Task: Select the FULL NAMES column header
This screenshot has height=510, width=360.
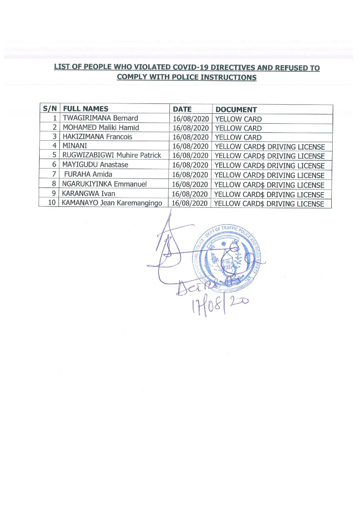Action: pyautogui.click(x=86, y=109)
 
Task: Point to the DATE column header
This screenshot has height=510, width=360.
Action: pyautogui.click(x=182, y=109)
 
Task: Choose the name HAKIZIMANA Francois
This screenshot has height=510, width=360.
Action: pyautogui.click(x=98, y=137)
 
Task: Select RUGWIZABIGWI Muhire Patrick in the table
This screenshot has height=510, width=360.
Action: pyautogui.click(x=112, y=155)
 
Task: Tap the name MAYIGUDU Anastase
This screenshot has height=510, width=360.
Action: pyautogui.click(x=95, y=165)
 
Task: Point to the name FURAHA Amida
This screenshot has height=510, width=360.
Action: pyautogui.click(x=88, y=175)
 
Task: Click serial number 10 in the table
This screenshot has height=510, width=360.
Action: pyautogui.click(x=52, y=203)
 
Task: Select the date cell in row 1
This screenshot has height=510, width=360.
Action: pyautogui.click(x=191, y=119)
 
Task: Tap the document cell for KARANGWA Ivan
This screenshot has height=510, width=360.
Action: pyautogui.click(x=269, y=194)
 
